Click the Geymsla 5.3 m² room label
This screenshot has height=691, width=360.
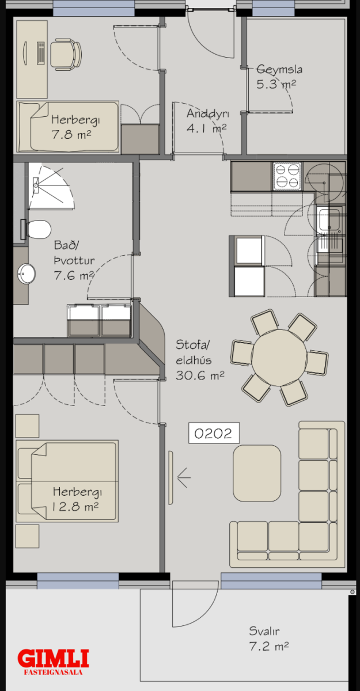point(279,77)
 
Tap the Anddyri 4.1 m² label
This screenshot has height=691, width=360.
point(207,120)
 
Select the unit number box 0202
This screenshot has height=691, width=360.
point(214,433)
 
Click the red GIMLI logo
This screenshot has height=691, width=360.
point(53,658)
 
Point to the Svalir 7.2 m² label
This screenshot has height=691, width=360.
point(268,638)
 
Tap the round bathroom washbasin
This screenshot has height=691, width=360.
point(26,274)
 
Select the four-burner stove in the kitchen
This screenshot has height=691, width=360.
point(287,176)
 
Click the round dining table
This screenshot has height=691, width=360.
point(279,358)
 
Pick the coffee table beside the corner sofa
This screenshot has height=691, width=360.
point(257,473)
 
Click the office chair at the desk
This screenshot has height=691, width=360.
point(66,54)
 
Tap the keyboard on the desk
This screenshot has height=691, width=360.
point(41,53)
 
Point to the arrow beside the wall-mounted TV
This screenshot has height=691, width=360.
point(184,477)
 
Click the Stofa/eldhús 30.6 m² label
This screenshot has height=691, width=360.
point(200,360)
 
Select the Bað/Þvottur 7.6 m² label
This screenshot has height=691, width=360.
point(74,260)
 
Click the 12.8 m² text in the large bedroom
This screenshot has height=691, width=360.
point(75,507)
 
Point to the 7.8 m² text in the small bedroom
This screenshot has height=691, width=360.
point(71,135)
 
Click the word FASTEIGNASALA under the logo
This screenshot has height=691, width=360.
point(53,672)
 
